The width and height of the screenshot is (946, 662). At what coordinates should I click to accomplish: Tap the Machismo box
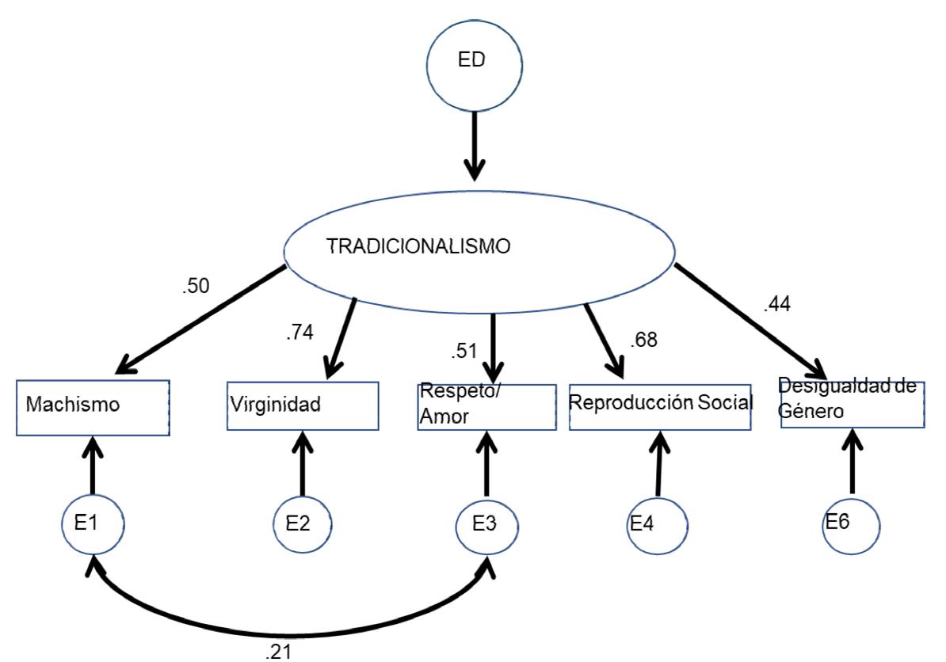tap(92, 407)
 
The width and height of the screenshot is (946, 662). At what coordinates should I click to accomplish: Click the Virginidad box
tap(303, 406)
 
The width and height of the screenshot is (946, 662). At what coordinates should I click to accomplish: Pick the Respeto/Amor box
tap(486, 407)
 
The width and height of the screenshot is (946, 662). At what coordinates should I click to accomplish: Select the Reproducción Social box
tap(660, 407)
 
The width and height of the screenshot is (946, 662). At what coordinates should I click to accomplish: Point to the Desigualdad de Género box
tap(853, 405)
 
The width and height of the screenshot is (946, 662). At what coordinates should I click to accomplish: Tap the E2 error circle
tap(302, 524)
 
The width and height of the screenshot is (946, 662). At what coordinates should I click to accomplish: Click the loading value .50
tap(196, 287)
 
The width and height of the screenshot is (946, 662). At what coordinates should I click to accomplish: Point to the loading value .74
tap(299, 332)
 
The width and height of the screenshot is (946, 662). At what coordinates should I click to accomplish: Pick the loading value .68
tap(643, 341)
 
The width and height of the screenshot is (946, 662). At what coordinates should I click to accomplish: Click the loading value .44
tap(777, 304)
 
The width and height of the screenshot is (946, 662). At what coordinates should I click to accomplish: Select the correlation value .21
tap(279, 651)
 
